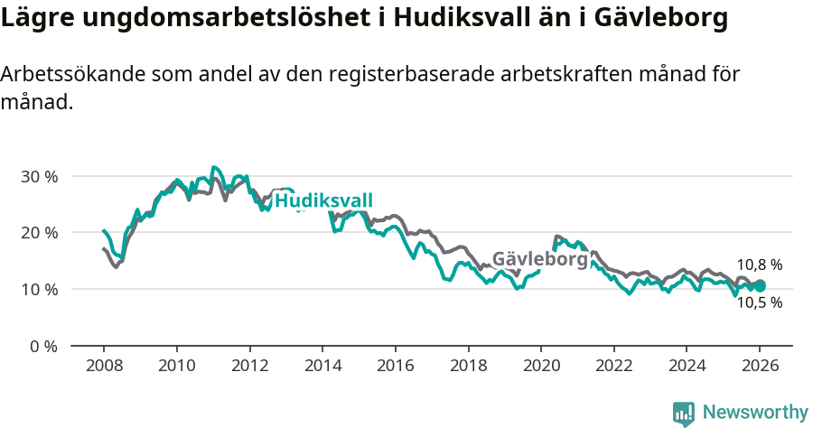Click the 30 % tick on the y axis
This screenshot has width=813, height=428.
tap(38, 176)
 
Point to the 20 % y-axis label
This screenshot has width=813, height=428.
tap(38, 233)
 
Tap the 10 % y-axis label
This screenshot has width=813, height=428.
tap(38, 290)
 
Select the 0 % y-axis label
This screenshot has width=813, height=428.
tap(42, 346)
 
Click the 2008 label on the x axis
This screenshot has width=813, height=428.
tap(103, 367)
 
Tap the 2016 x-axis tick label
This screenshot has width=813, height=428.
tap(395, 367)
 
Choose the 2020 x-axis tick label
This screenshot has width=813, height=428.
tap(540, 367)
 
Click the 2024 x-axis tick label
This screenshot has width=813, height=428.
tap(686, 367)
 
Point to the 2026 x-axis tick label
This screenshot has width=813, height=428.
tap(759, 367)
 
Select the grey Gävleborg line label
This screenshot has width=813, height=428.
tap(539, 259)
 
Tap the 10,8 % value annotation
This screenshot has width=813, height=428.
tap(759, 265)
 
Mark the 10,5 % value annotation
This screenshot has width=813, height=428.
tap(759, 303)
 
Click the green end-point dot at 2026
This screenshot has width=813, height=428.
tap(760, 285)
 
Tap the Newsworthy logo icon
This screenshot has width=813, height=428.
tap(684, 413)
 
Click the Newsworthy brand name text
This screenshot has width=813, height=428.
tap(754, 413)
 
